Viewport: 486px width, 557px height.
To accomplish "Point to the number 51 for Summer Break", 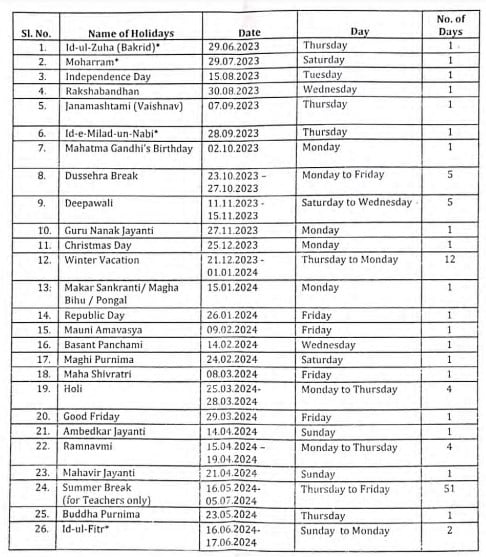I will [450, 489].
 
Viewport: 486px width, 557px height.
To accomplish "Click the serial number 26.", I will [41, 531].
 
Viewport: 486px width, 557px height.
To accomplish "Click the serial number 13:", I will [42, 288].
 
